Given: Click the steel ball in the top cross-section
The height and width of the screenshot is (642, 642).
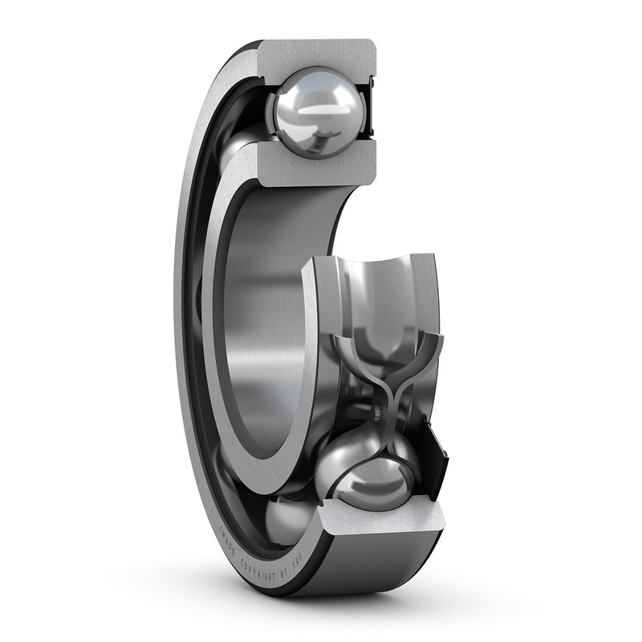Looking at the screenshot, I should (x=316, y=112).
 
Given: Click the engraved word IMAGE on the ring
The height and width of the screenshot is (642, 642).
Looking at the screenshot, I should (x=226, y=540).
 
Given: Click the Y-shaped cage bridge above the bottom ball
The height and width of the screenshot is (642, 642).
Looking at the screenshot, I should (x=388, y=377).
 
